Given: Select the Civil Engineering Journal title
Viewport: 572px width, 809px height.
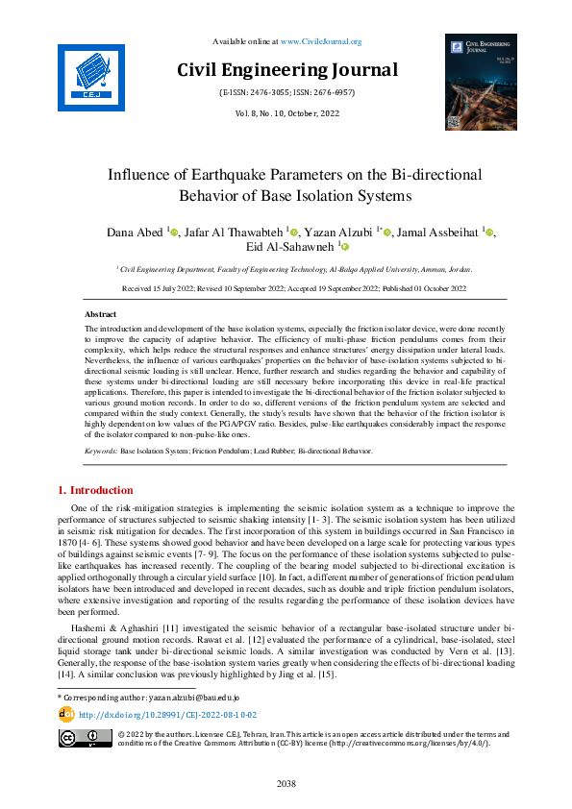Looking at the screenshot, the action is click(x=286, y=70).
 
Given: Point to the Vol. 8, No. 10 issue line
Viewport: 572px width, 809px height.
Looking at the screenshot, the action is click(x=286, y=114).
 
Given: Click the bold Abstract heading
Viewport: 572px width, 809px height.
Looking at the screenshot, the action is click(x=101, y=314).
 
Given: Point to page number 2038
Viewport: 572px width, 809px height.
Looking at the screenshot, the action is click(x=286, y=784).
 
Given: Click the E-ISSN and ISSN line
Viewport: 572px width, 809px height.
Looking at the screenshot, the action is click(x=286, y=95).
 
